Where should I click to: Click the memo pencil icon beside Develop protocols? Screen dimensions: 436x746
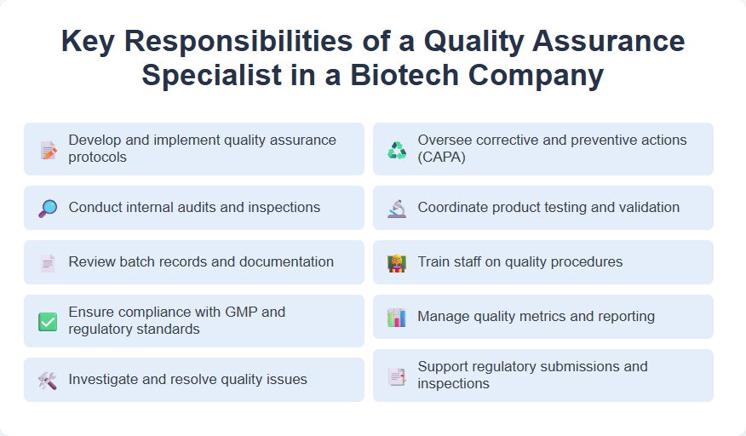(x=48, y=150)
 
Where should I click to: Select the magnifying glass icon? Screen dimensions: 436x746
(x=48, y=208)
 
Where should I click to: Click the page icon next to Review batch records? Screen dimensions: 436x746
(x=48, y=262)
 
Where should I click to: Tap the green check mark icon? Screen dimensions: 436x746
(x=48, y=322)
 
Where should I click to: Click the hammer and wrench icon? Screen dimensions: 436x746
(x=48, y=380)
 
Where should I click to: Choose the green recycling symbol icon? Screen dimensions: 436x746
(x=397, y=150)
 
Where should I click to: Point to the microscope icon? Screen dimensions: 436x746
(x=397, y=208)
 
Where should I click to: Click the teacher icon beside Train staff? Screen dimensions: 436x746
(x=397, y=262)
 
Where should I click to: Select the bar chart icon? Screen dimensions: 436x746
(x=397, y=317)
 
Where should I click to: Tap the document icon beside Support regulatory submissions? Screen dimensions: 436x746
(x=397, y=376)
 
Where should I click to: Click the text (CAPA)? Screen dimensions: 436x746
(x=442, y=157)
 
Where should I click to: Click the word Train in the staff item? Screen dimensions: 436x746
(x=433, y=261)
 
